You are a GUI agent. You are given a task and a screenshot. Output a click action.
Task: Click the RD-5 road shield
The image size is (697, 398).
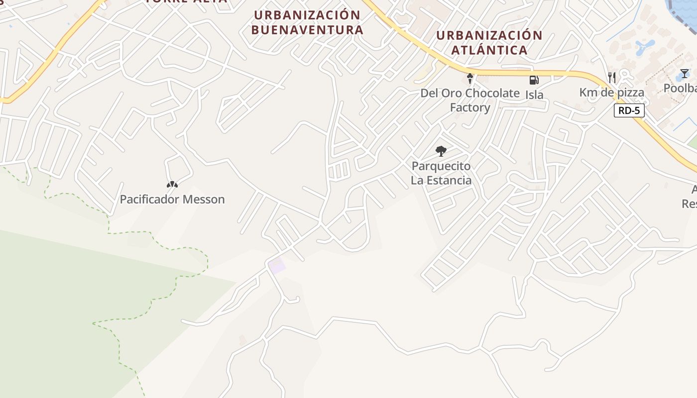pyautogui.click(x=629, y=110)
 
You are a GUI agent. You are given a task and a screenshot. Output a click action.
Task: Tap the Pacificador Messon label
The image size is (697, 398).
pyautogui.click(x=172, y=199)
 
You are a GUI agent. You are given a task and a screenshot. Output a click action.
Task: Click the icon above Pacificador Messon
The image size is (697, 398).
pyautogui.click(x=172, y=185)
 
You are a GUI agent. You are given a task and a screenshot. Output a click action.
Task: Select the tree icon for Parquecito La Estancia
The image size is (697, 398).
pyautogui.click(x=441, y=151)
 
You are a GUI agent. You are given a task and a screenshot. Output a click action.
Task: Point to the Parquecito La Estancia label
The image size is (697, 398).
pyautogui.click(x=441, y=173)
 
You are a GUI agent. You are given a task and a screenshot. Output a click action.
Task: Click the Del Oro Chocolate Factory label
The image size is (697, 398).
pyautogui.click(x=470, y=100)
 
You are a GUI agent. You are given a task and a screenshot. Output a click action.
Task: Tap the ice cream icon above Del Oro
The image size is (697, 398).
pyautogui.click(x=469, y=78)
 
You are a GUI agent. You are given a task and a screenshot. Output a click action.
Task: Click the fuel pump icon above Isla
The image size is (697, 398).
pyautogui.click(x=534, y=80)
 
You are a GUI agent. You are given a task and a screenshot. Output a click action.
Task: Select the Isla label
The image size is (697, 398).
pyautogui.click(x=534, y=95)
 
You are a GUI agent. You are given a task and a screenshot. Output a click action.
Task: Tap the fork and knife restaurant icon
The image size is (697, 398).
pyautogui.click(x=612, y=78)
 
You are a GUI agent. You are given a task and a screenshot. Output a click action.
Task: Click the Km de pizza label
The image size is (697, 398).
pyautogui.click(x=612, y=93)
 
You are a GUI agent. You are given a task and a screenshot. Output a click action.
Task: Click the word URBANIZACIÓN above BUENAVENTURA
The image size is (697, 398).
pyautogui.click(x=307, y=15)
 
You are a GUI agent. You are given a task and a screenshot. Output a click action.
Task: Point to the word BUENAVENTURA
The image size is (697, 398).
pyautogui.click(x=307, y=30)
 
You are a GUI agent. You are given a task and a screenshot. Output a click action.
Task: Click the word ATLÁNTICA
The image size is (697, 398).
pyautogui.click(x=489, y=50)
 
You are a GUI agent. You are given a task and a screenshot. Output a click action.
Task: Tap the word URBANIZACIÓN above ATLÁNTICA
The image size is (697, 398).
pyautogui.click(x=489, y=36)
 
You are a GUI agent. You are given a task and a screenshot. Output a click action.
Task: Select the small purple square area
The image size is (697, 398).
pyautogui.click(x=277, y=266)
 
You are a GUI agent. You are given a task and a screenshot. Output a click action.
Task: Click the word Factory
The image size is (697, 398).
pyautogui.click(x=470, y=107)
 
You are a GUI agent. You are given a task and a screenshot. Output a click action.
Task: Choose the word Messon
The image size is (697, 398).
pyautogui.click(x=204, y=199)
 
